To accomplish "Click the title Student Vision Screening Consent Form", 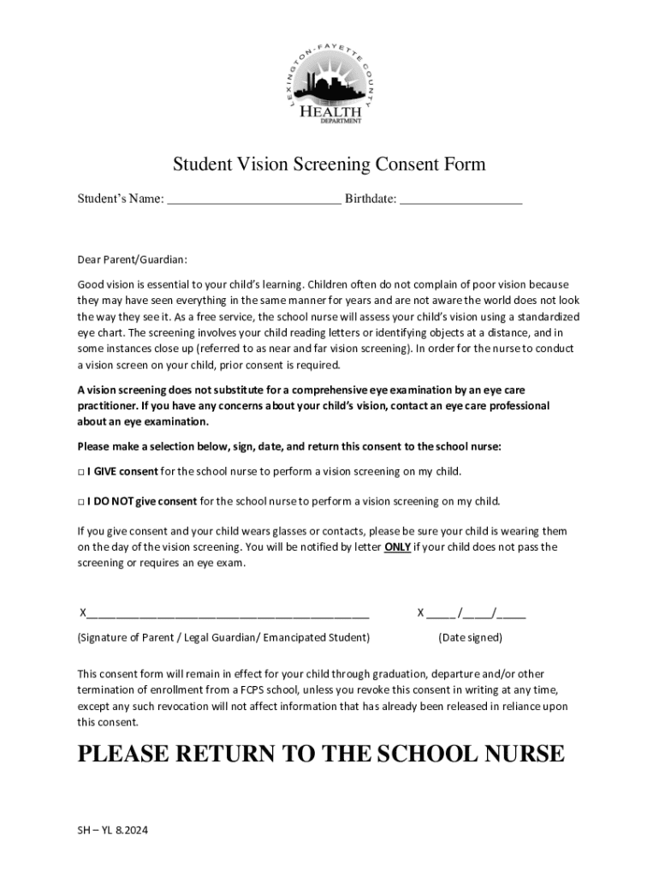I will [x=329, y=164].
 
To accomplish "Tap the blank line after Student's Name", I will [x=254, y=200].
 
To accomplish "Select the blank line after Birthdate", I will [x=460, y=200].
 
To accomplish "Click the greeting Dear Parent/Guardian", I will [x=132, y=260].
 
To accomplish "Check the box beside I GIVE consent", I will [x=81, y=472].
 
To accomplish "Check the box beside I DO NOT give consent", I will [x=81, y=501].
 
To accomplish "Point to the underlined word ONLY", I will [x=397, y=547].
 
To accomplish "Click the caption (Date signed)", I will [x=470, y=638].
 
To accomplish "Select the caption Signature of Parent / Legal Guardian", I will [x=223, y=638].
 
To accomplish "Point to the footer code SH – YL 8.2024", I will [x=113, y=831].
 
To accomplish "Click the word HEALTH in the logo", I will [x=329, y=110].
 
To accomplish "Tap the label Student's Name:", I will [x=121, y=200].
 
